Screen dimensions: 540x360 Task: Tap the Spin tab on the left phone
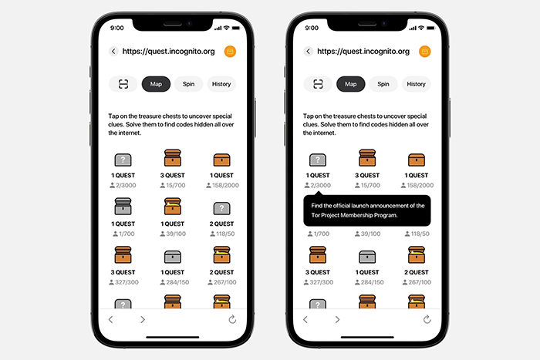pyautogui.click(x=188, y=84)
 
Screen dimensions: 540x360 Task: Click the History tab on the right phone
pyautogui.click(x=416, y=84)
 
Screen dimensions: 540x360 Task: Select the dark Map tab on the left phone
pyautogui.click(x=156, y=84)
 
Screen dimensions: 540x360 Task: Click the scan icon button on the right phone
pyautogui.click(x=318, y=84)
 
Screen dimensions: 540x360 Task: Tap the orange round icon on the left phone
pyautogui.click(x=230, y=52)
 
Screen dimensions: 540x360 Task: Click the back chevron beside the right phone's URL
pyautogui.click(x=309, y=52)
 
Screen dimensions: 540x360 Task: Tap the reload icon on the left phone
pyautogui.click(x=232, y=319)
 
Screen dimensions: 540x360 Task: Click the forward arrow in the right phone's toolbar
pyautogui.click(x=338, y=319)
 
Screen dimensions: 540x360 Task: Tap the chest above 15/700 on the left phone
pyautogui.click(x=173, y=158)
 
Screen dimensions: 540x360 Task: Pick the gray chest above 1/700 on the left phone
pyautogui.click(x=123, y=206)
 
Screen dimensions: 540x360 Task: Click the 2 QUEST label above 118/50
pyautogui.click(x=222, y=224)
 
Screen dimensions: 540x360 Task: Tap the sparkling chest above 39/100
pyautogui.click(x=173, y=206)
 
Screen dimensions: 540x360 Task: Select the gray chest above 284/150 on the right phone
pyautogui.click(x=367, y=257)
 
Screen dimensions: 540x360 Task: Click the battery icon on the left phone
pyautogui.click(x=236, y=28)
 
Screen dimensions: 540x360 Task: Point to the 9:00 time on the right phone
pyautogui.click(x=312, y=28)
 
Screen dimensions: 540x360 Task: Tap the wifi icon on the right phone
pyautogui.click(x=421, y=28)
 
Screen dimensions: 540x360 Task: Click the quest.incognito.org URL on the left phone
pyautogui.click(x=168, y=52)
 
